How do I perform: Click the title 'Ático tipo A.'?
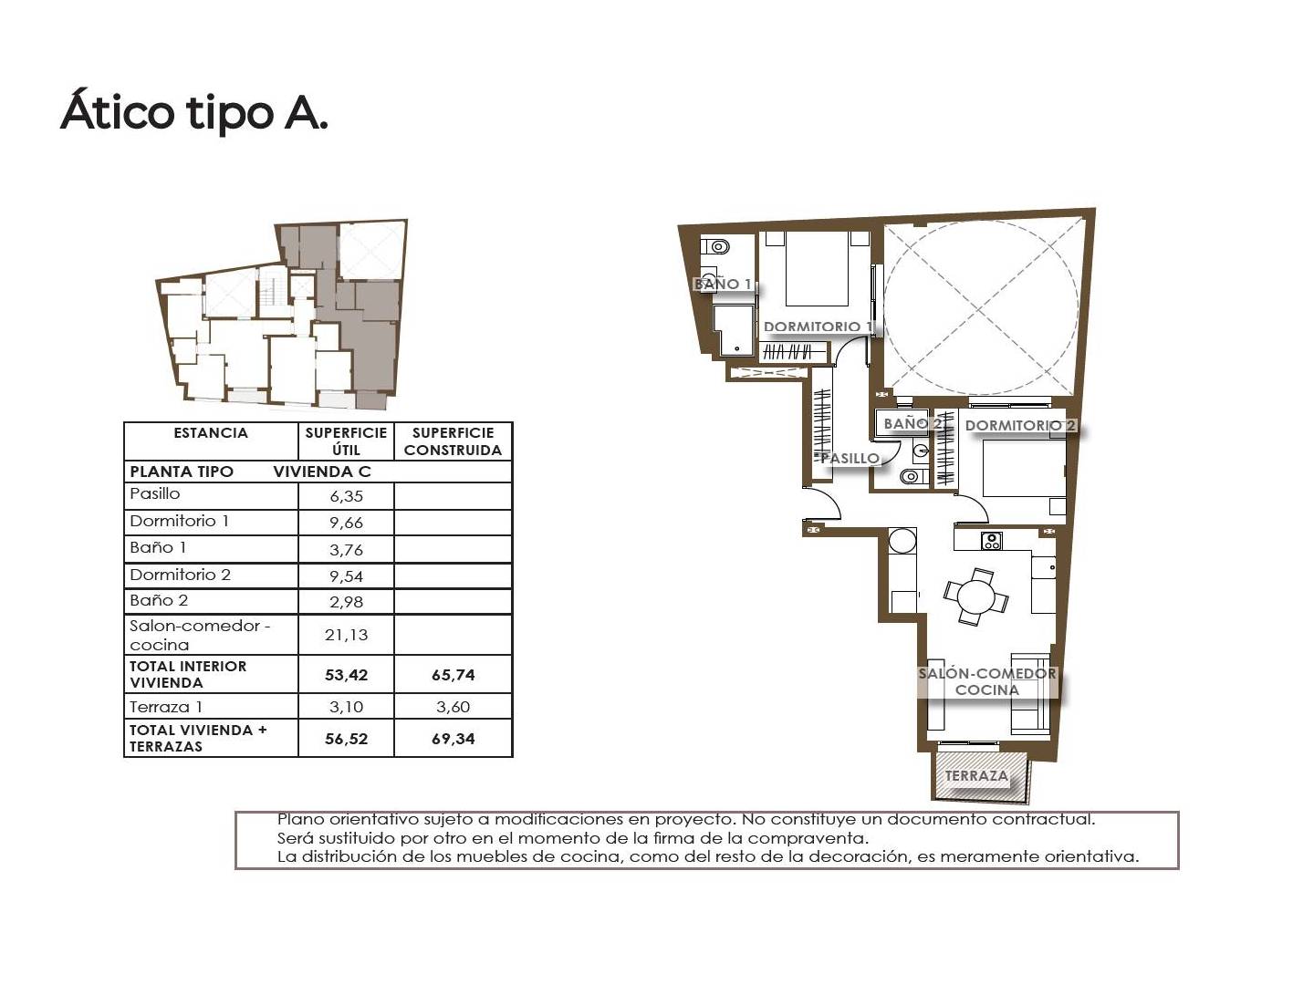[194, 111]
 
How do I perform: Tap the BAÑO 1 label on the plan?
[722, 284]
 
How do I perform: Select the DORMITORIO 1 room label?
[818, 327]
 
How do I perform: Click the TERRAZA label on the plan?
[976, 775]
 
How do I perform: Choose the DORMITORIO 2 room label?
[1020, 425]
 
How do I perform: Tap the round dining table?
[975, 596]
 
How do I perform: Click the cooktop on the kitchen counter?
[991, 541]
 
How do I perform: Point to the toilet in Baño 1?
[714, 246]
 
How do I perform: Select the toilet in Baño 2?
[913, 476]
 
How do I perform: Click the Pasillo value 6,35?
[346, 496]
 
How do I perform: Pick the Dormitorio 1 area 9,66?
[346, 523]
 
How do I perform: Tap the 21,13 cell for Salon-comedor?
[346, 635]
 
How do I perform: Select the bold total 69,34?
[454, 739]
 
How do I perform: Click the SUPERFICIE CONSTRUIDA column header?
[454, 441]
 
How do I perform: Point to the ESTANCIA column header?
[211, 432]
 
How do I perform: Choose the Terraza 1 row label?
[166, 707]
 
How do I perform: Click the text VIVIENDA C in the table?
[322, 472]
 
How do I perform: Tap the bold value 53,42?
[346, 675]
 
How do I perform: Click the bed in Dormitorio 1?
[817, 268]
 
